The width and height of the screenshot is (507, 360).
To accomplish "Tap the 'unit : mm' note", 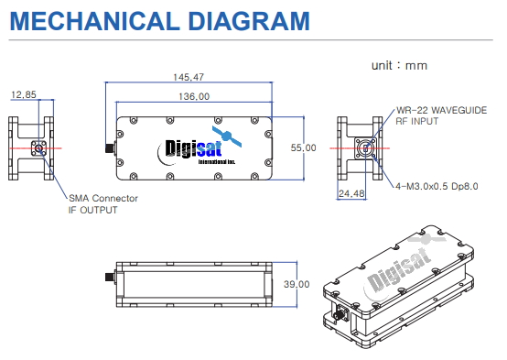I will (x=399, y=66).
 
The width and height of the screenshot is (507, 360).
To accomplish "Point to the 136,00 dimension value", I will (x=191, y=95).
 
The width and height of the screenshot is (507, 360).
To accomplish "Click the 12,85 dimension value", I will (x=25, y=94).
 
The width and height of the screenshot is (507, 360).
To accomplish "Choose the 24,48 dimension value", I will (x=351, y=193).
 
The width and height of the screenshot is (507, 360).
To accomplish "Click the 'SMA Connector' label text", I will (x=103, y=198).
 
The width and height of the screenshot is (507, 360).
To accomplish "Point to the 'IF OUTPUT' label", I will (x=93, y=210).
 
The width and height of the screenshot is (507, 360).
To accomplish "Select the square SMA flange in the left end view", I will (x=39, y=147).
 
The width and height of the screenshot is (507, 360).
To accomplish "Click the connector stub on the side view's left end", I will (x=105, y=276).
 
